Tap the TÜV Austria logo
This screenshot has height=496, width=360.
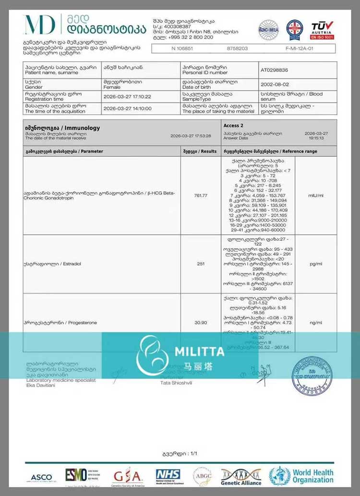[323, 30]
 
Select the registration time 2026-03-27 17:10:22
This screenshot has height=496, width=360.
[127, 96]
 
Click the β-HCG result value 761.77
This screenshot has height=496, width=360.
[201, 195]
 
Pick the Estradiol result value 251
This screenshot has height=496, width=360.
[201, 264]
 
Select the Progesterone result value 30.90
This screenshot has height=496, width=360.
[201, 323]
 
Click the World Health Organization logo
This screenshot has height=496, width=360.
[301, 476]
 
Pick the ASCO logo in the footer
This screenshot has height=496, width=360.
[42, 478]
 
